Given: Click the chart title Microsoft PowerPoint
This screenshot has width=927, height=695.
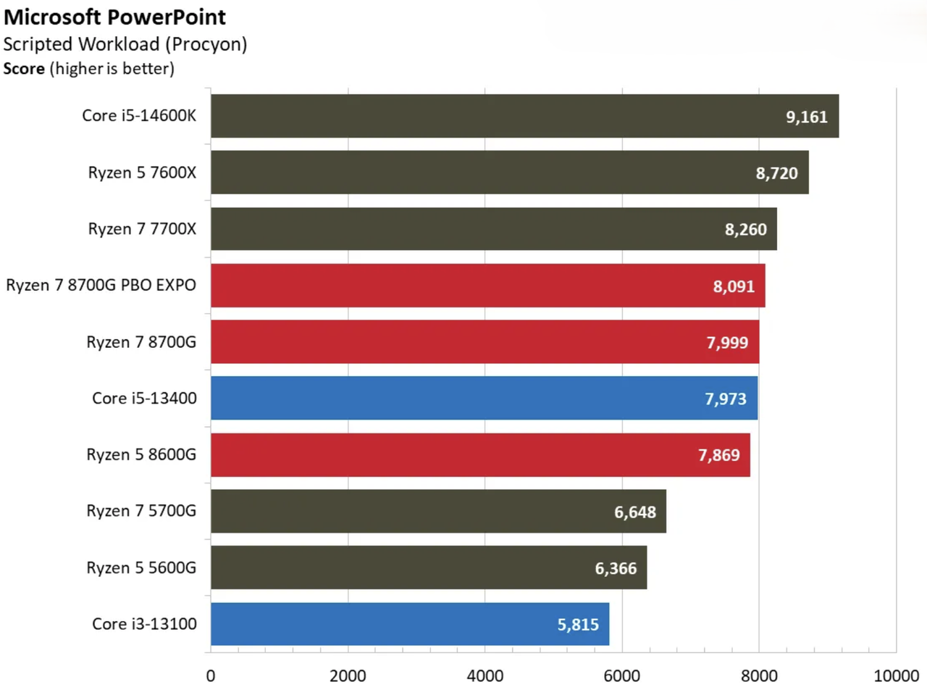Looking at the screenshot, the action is click(114, 17).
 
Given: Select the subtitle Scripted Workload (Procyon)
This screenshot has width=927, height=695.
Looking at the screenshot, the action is click(125, 44).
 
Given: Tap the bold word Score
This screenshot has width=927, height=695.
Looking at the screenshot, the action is click(24, 68).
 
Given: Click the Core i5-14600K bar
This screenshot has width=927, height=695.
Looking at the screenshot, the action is click(524, 116).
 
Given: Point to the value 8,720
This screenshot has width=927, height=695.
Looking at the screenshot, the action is click(776, 173).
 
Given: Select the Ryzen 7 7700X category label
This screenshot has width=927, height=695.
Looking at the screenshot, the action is click(142, 229).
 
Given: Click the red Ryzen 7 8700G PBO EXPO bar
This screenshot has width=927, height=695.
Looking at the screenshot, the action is click(488, 286).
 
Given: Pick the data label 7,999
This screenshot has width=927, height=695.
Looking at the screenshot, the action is click(727, 343).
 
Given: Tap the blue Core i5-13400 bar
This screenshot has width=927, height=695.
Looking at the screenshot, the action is click(484, 398).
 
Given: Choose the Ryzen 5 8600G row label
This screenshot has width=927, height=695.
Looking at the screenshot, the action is click(141, 454).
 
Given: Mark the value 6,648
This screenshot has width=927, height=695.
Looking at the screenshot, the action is click(634, 512).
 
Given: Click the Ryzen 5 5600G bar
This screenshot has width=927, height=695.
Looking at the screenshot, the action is click(429, 567).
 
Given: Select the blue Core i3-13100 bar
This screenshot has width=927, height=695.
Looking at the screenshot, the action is click(410, 624).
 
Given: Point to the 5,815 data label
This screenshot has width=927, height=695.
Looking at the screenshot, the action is click(578, 625).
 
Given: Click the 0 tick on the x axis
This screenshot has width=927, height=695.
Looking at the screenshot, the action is click(211, 676).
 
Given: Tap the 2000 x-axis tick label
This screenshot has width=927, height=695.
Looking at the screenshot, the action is click(348, 676).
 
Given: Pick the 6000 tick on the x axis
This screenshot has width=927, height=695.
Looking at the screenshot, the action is click(621, 676).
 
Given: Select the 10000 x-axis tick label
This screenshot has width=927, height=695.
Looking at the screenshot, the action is click(896, 676).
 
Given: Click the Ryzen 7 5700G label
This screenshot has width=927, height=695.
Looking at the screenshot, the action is click(141, 511).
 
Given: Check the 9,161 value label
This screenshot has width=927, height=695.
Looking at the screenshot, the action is click(806, 117).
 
